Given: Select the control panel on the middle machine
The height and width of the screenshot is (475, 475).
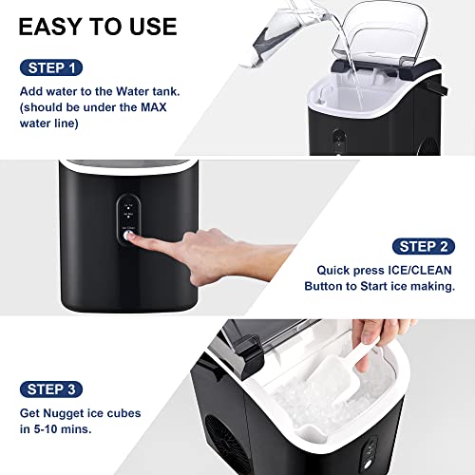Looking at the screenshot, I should [x=129, y=218].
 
